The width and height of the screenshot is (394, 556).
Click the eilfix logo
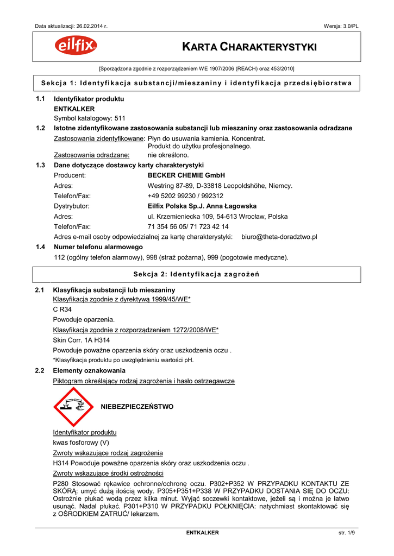pyautogui.click(x=76, y=47)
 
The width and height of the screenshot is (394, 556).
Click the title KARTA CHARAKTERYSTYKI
pyautogui.click(x=249, y=47)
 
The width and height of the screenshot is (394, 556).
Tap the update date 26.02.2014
pyautogui.click(x=90, y=26)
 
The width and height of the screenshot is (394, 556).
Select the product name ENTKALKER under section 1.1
pyautogui.click(x=74, y=109)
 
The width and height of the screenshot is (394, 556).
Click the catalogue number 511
pyautogui.click(x=120, y=118)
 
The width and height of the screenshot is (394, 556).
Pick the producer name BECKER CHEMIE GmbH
pyautogui.click(x=186, y=175)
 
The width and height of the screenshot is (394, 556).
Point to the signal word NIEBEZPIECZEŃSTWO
pyautogui.click(x=137, y=407)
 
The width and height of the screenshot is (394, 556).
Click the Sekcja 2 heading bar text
pyautogui.click(x=196, y=274)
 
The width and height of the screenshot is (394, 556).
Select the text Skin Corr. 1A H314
pyautogui.click(x=81, y=340)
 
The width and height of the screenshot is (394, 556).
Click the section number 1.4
pyautogui.click(x=40, y=247)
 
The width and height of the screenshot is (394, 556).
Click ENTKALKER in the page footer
pyautogui.click(x=202, y=533)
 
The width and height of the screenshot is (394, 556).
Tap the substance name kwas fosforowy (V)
pyautogui.click(x=81, y=443)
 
